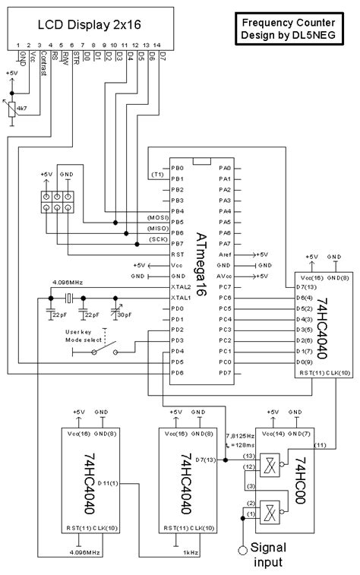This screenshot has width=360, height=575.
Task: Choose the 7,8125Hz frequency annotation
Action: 240,438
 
